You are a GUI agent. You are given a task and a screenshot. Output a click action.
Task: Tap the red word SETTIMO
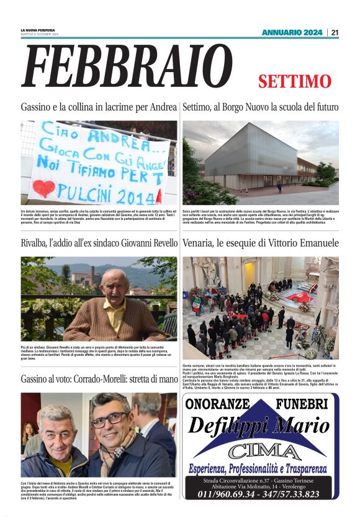(x=295, y=81)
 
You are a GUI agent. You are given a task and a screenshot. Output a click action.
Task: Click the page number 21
(x=335, y=32)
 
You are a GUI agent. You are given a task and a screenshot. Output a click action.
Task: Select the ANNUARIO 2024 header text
(x=292, y=32)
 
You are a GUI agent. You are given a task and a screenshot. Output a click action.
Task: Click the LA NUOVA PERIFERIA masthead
(x=37, y=30)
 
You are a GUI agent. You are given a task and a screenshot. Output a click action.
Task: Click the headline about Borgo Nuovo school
(x=260, y=107)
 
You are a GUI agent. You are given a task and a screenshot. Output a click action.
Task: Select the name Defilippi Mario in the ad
(x=258, y=426)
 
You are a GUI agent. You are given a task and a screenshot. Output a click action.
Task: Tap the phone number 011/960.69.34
(x=230, y=494)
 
